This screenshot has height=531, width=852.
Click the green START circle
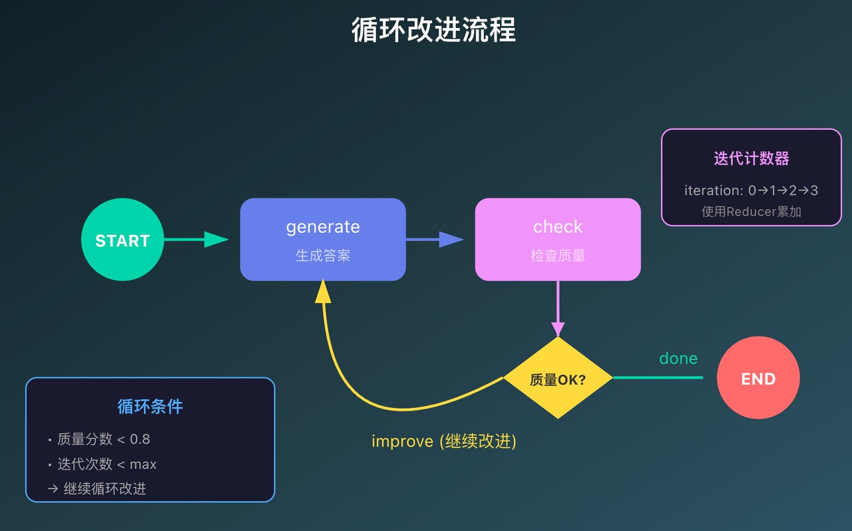122,240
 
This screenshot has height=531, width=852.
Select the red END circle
758,379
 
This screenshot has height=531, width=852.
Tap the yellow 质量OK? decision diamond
558,379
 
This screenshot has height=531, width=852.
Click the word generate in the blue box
323,227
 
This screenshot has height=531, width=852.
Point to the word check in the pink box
558,227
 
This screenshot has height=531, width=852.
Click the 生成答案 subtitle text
323,256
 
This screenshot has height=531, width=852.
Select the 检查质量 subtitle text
558,256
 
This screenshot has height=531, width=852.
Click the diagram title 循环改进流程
433,30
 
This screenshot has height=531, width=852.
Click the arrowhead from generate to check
451,240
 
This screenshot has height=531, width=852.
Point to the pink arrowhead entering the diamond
558,329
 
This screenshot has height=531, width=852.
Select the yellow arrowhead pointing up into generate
323,291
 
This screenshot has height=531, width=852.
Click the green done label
678,359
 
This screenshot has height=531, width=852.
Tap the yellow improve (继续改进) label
444,441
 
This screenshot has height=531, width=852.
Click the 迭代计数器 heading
751,158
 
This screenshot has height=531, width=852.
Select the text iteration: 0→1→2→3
751,190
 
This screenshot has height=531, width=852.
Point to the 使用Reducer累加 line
751,212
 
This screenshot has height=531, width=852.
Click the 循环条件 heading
150,407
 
